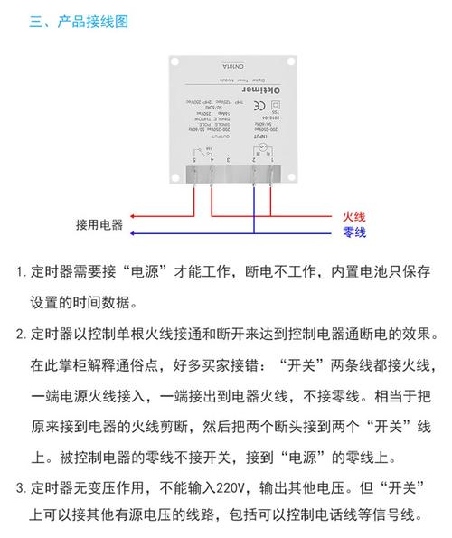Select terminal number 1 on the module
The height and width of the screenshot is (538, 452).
click(272, 159)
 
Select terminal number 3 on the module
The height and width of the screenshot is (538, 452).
click(228, 159)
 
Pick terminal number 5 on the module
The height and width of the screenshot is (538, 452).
click(194, 159)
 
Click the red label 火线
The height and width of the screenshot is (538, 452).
click(353, 217)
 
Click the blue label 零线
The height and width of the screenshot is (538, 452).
click(353, 232)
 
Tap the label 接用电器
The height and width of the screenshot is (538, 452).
click(99, 224)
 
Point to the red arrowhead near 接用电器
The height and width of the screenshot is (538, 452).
click(133, 217)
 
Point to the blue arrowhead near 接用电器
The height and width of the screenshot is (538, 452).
click(133, 233)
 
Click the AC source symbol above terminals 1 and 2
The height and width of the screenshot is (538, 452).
click(264, 147)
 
